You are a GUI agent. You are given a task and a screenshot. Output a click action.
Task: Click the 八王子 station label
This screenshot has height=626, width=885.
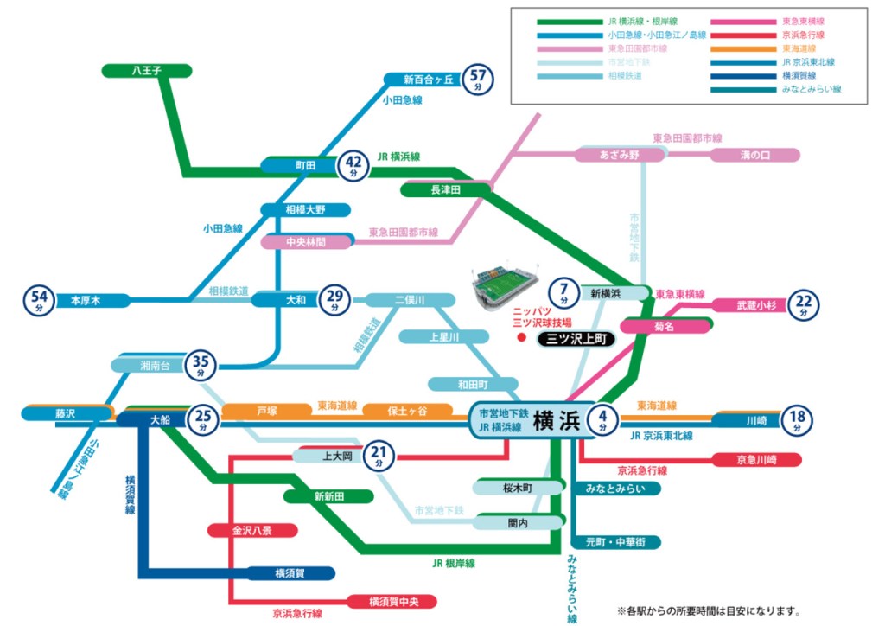(147, 70)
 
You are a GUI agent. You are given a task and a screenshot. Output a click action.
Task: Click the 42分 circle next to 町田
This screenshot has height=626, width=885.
(353, 164)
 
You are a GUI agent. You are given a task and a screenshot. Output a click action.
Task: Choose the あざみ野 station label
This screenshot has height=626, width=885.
(620, 155)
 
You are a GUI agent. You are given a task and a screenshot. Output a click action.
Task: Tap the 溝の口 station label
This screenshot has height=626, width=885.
(754, 155)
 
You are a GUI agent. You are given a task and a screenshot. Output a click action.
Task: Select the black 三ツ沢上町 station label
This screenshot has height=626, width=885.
(575, 340)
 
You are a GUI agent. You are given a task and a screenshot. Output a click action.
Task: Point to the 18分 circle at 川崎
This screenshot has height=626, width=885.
(797, 421)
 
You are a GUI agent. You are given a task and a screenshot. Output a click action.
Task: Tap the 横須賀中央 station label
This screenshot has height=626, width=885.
(391, 601)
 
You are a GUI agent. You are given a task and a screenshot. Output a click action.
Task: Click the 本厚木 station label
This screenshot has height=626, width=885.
(86, 301)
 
